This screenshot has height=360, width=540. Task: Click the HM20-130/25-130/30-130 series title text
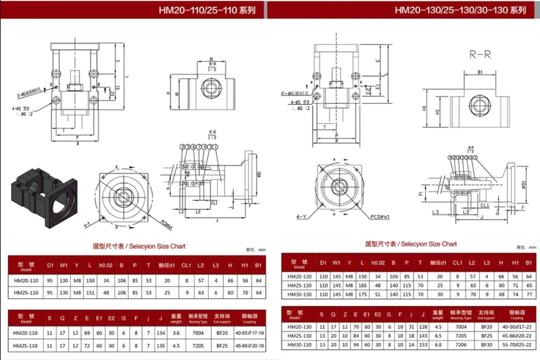460,10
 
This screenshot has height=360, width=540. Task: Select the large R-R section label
480,55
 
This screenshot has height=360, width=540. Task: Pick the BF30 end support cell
486,345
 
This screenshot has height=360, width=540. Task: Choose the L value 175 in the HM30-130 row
362,294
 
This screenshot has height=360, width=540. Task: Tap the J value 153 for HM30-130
423,345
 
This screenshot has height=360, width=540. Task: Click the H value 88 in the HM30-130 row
501,294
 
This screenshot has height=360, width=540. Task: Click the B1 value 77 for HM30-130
529,294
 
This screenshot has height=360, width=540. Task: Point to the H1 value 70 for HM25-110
244,292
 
